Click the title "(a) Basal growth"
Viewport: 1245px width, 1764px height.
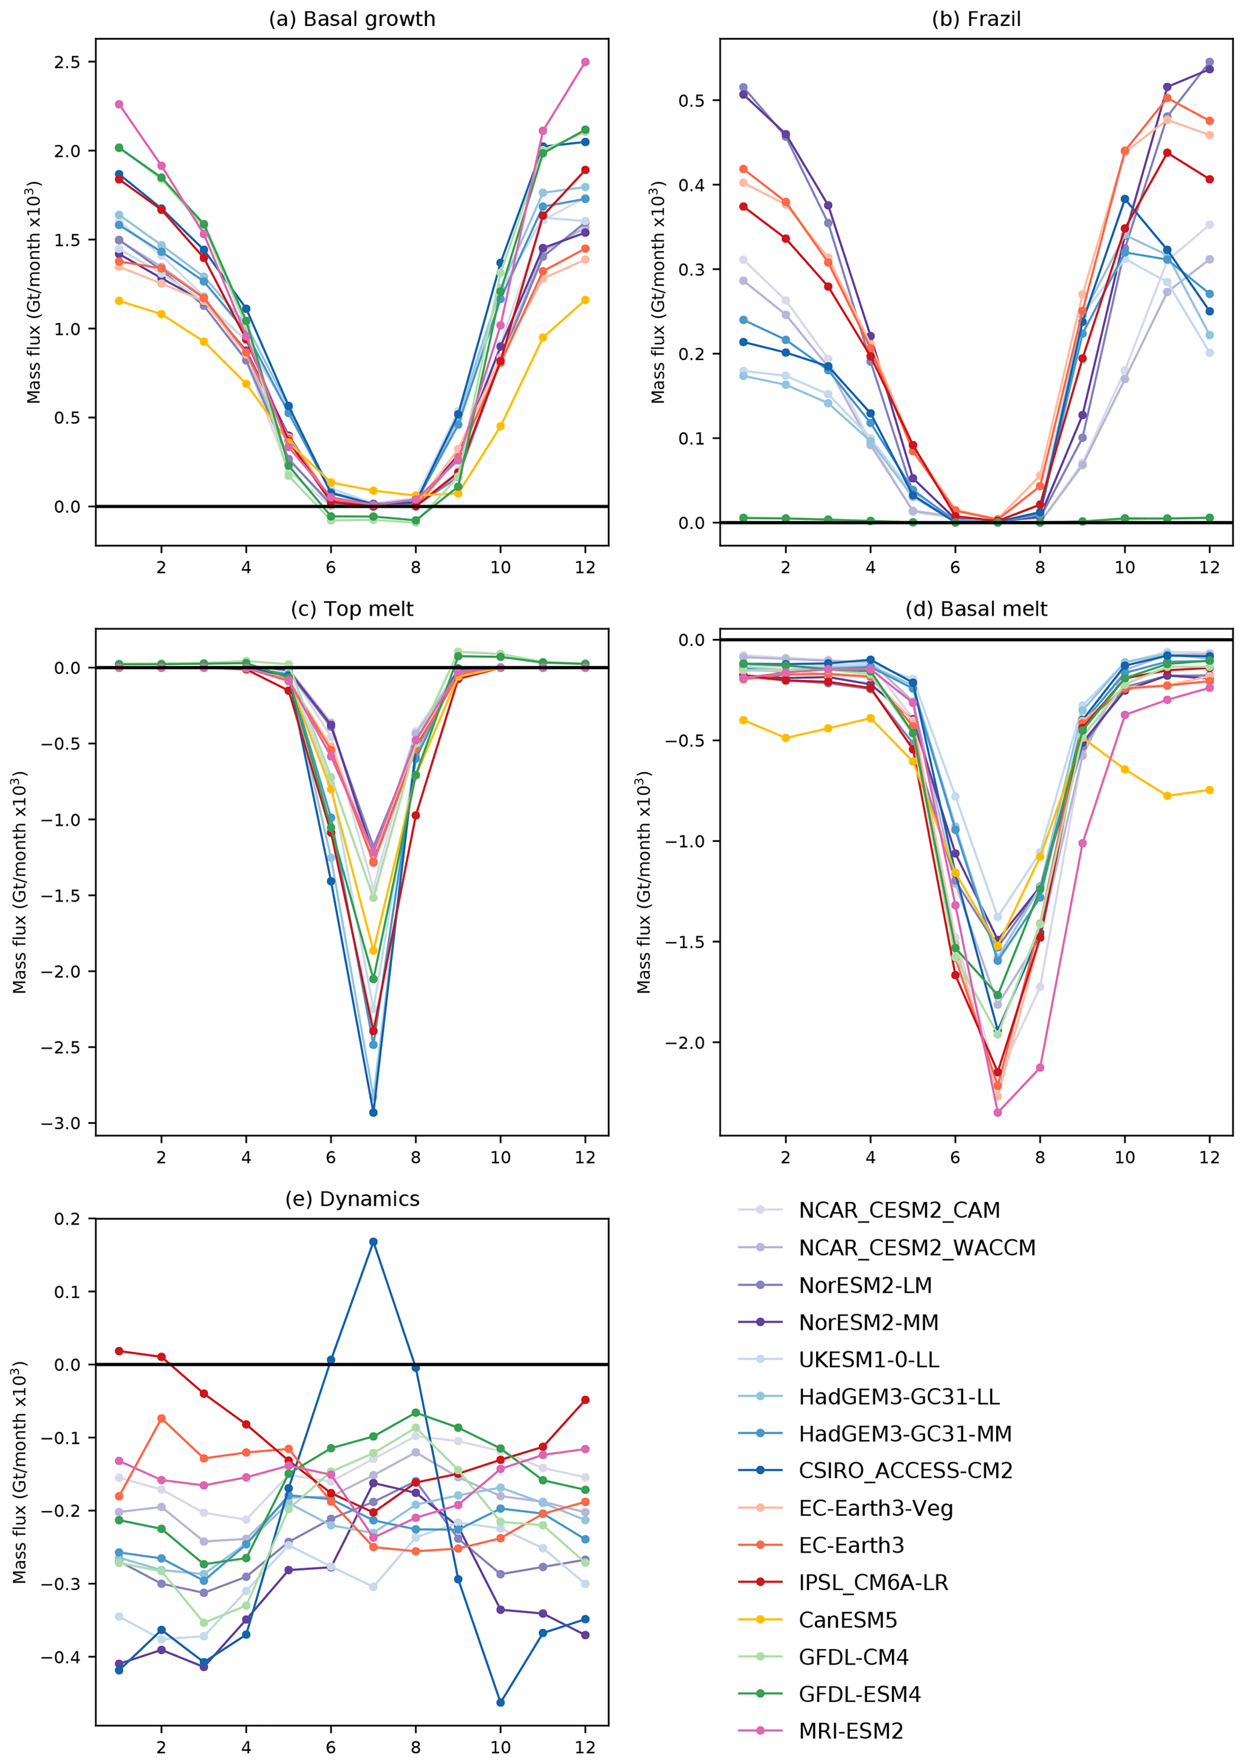[351, 19]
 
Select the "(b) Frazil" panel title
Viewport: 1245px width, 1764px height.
[976, 19]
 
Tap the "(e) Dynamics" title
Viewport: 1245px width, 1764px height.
[352, 1199]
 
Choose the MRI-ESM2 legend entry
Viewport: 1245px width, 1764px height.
[850, 1731]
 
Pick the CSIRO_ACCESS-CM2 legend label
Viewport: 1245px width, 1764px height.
[905, 1471]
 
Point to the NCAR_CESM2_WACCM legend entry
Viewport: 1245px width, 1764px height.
[917, 1248]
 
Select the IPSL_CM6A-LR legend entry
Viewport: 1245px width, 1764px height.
[873, 1583]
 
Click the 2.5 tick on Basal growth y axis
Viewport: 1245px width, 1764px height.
[67, 62]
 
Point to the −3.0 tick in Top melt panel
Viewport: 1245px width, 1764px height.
[61, 1123]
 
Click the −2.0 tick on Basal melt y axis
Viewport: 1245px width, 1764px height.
[685, 1043]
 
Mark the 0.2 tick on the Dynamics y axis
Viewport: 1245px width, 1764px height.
[67, 1220]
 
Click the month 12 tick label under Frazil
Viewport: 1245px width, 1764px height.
[1209, 567]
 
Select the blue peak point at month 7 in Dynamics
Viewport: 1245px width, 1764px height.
[373, 1242]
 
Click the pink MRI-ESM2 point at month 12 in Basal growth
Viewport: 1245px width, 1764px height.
[585, 62]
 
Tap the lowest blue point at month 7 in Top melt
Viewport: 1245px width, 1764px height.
[373, 1112]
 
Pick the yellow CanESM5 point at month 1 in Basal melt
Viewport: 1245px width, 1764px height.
[743, 720]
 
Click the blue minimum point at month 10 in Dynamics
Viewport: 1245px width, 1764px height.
[501, 1703]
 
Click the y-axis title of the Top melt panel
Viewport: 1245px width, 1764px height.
[19, 882]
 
